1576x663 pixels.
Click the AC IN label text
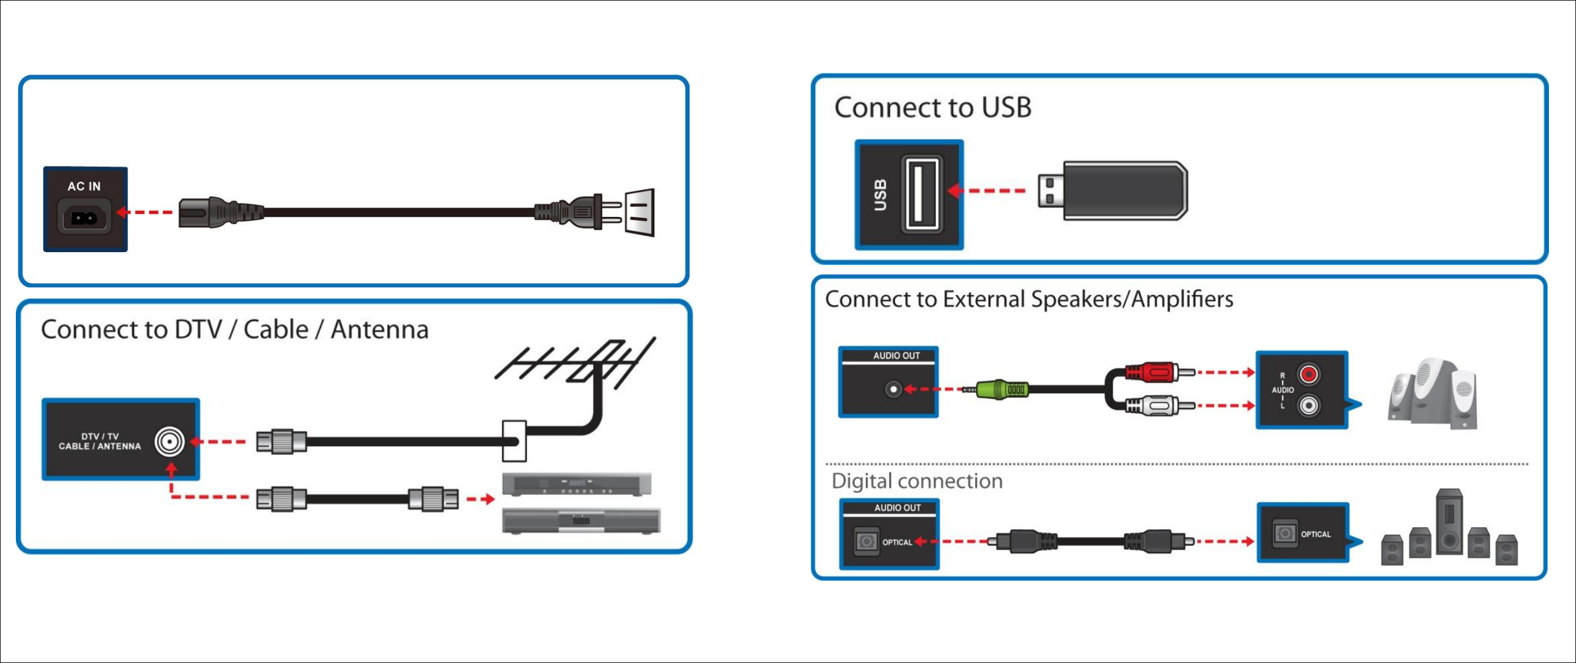(84, 186)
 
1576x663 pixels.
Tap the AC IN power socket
(85, 217)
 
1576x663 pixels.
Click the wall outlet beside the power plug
(639, 212)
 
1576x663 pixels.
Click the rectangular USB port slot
(922, 193)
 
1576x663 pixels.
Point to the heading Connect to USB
(932, 107)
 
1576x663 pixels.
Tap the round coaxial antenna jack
(170, 441)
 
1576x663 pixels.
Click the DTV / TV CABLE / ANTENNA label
(100, 441)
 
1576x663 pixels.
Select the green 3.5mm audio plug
(1003, 389)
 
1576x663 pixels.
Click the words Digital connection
(916, 481)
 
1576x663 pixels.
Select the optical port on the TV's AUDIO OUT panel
(866, 541)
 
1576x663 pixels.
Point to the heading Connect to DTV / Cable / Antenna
(234, 329)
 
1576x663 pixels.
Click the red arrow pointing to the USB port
(986, 191)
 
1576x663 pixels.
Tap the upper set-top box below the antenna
(576, 484)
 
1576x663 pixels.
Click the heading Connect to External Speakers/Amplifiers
(1029, 299)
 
